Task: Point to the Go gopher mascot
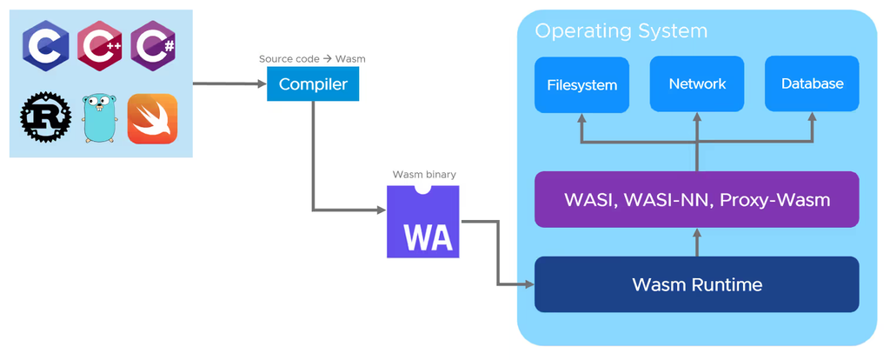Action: (98, 119)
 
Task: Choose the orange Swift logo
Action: (153, 119)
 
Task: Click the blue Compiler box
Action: (313, 84)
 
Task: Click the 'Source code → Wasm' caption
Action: (312, 59)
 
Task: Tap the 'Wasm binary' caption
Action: (424, 174)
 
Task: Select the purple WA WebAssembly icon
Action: (423, 222)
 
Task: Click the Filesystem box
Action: (581, 85)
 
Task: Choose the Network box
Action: (697, 83)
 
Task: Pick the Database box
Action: (812, 83)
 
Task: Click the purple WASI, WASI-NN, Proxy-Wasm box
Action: (696, 200)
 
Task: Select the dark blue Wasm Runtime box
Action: (696, 284)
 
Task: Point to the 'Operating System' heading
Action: (621, 31)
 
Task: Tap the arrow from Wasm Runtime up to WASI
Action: (696, 242)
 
